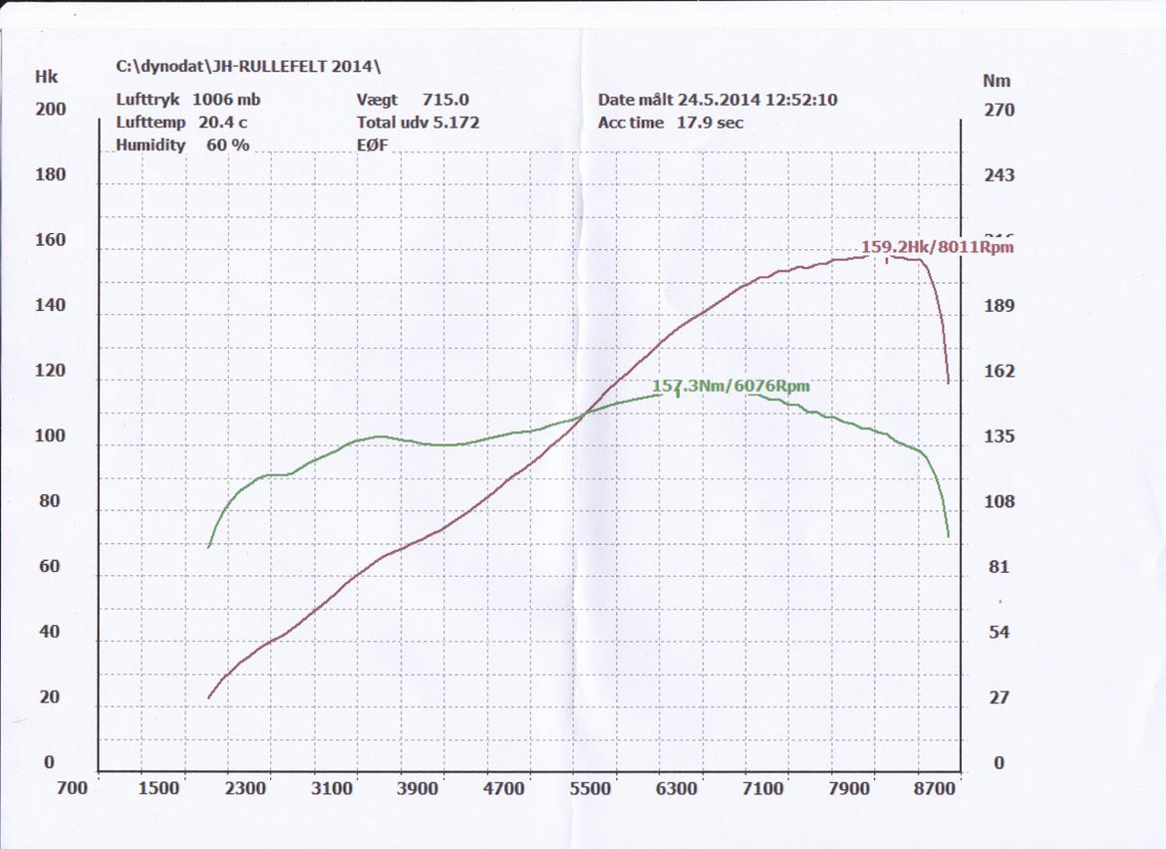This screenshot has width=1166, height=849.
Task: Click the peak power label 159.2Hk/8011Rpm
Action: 937,246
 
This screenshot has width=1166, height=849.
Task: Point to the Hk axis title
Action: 46,77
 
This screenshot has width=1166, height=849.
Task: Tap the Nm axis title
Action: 996,81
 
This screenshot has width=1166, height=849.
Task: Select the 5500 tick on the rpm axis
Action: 589,788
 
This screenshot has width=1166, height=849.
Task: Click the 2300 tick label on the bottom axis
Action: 245,788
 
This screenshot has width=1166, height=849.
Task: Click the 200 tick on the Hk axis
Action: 50,110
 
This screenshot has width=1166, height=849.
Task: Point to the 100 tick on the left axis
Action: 50,436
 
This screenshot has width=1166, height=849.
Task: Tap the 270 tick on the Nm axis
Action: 999,111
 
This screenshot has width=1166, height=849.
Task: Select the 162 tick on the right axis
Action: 999,372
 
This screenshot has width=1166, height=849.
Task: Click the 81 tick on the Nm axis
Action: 999,567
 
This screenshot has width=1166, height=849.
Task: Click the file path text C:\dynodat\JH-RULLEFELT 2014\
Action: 249,67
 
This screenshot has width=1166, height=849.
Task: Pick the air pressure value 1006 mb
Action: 226,100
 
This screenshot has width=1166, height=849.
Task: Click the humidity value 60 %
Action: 227,144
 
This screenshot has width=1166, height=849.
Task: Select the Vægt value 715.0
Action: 445,100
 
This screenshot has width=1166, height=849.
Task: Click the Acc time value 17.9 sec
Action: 709,123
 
